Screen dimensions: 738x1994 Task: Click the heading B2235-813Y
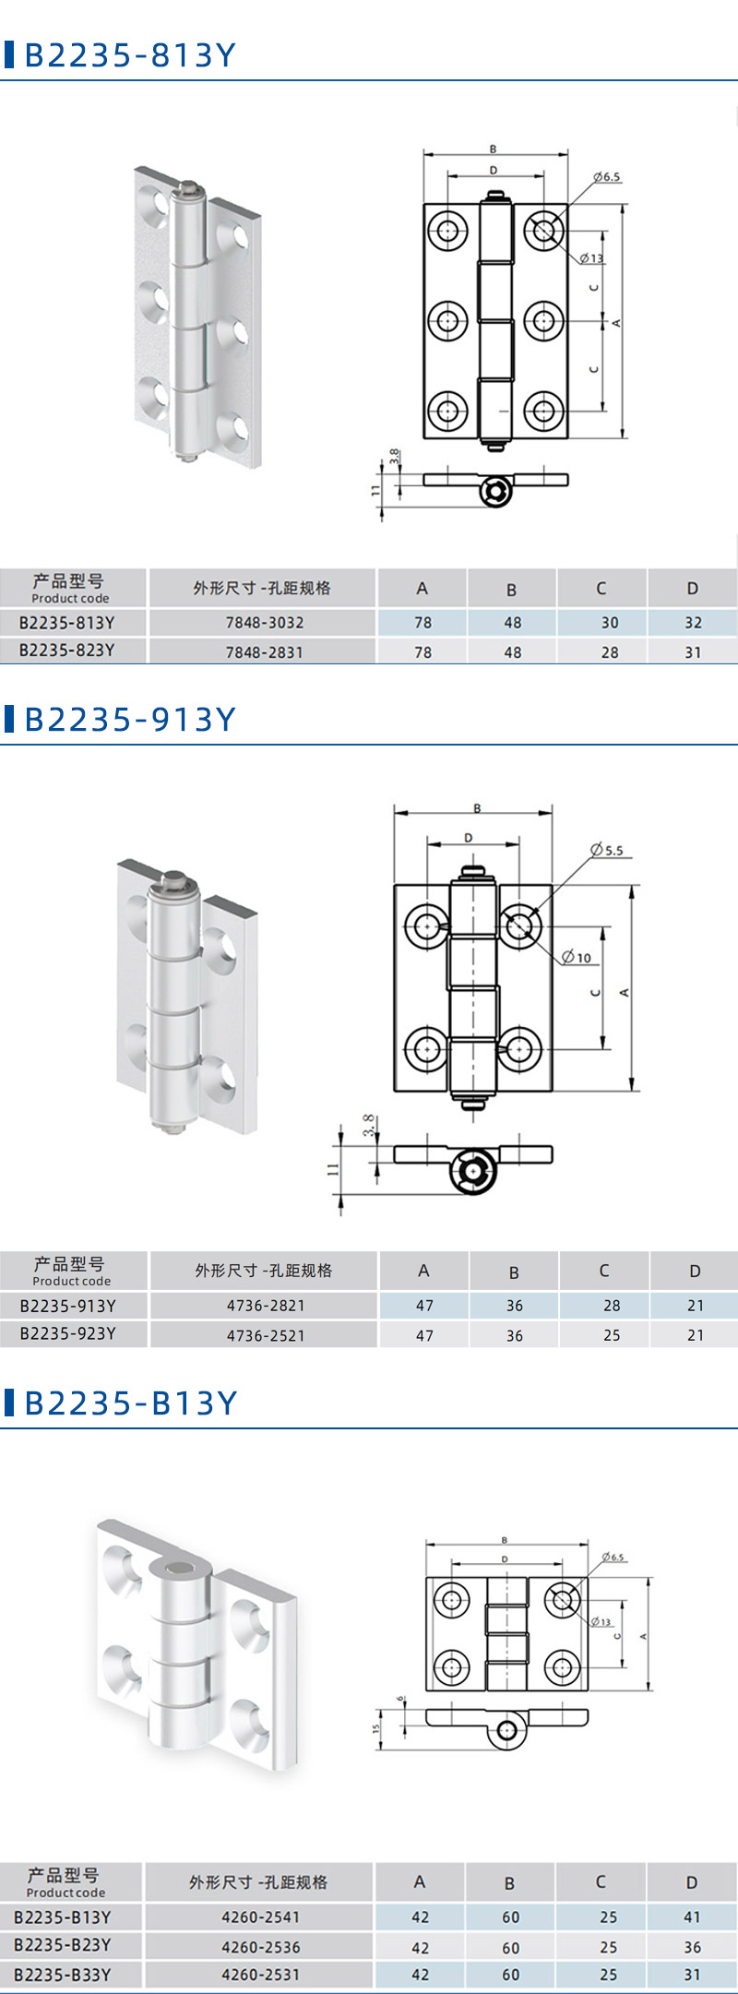pos(130,55)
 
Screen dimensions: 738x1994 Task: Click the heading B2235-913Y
pos(130,720)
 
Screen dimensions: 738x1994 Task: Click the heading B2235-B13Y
pos(131,1403)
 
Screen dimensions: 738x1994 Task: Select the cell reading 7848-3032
pos(265,623)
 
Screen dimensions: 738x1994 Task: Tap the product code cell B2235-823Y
pos(67,651)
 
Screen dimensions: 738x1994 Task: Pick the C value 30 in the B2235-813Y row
pos(610,623)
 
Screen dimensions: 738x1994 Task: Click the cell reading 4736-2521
pos(266,1335)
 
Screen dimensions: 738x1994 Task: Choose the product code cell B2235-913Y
pos(68,1306)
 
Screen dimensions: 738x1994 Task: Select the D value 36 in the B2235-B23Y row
pos(692,1947)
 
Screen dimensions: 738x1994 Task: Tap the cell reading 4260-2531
pos(261,1975)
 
